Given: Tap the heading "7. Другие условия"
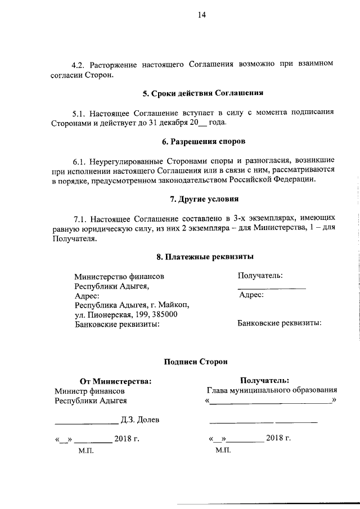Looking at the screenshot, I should (204, 199).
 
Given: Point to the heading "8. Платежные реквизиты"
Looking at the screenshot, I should (205, 257).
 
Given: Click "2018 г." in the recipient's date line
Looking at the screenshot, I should (278, 438).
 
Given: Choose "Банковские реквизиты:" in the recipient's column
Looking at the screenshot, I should (279, 323).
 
